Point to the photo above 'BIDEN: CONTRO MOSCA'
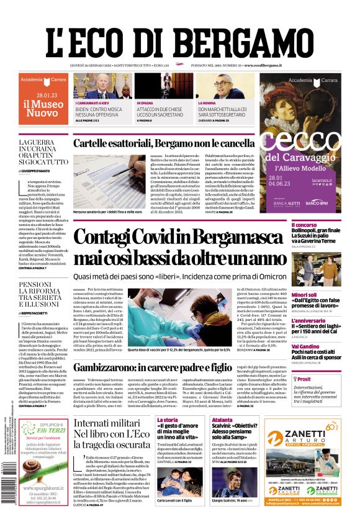pos(102,86)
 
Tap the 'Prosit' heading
pos(304,379)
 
